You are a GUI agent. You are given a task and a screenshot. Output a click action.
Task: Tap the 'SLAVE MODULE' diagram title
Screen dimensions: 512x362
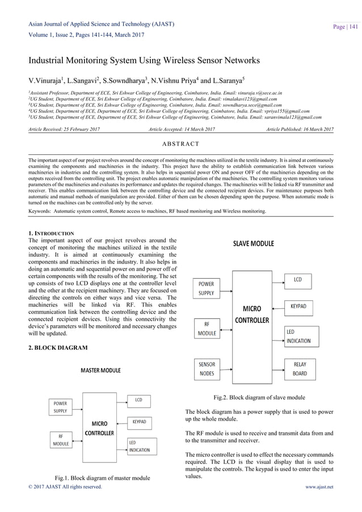pyautogui.click(x=253, y=244)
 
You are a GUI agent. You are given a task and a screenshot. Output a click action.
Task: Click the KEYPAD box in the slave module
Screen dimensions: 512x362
pyautogui.click(x=298, y=306)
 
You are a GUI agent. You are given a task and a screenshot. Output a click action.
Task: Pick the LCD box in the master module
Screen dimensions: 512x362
pyautogui.click(x=138, y=400)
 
